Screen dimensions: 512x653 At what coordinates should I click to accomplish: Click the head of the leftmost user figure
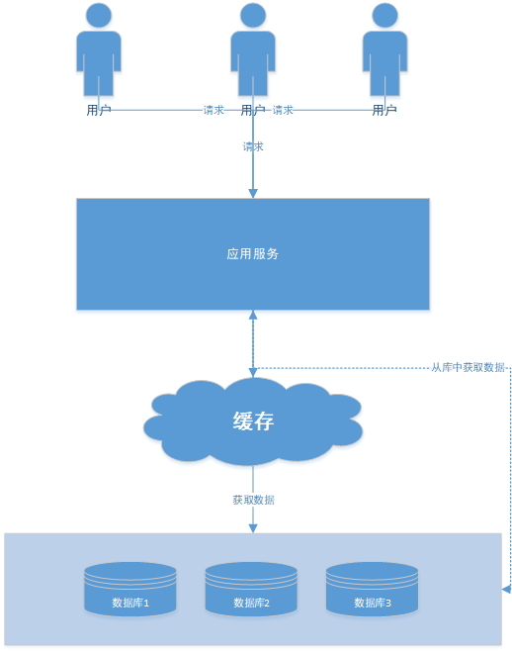pos(99,16)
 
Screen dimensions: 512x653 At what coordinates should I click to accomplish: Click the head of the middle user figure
pos(253,16)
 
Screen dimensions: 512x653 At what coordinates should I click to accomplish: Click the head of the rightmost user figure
pos(384,16)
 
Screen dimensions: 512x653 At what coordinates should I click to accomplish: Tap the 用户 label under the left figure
pos(99,111)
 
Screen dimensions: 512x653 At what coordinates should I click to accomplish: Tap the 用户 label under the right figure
pos(384,111)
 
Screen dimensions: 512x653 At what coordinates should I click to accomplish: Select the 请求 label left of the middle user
pos(213,110)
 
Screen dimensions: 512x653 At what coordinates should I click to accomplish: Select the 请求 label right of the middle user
pos(283,110)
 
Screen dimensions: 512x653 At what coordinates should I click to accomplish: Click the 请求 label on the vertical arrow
pos(253,146)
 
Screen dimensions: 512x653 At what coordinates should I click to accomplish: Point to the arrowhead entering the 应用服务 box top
pos(253,194)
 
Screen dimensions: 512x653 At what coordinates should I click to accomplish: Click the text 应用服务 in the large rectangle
pos(252,254)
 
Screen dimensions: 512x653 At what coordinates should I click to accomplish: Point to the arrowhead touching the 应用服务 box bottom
pos(253,315)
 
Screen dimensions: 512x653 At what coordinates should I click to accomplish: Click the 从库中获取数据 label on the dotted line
pos(468,367)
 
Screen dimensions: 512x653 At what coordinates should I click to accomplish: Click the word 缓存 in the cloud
pos(253,421)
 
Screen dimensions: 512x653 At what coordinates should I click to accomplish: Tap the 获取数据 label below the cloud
pos(253,500)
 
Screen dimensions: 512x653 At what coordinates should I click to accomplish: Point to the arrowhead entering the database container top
pos(253,528)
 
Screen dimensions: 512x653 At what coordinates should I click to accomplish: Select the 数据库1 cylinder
pos(130,590)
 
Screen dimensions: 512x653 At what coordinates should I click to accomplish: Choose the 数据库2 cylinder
pos(251,590)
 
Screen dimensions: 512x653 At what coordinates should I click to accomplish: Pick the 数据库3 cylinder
pos(372,590)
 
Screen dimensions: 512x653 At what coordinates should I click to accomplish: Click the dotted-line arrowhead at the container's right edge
pos(506,590)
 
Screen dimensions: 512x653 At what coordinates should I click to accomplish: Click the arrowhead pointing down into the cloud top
pos(253,373)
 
